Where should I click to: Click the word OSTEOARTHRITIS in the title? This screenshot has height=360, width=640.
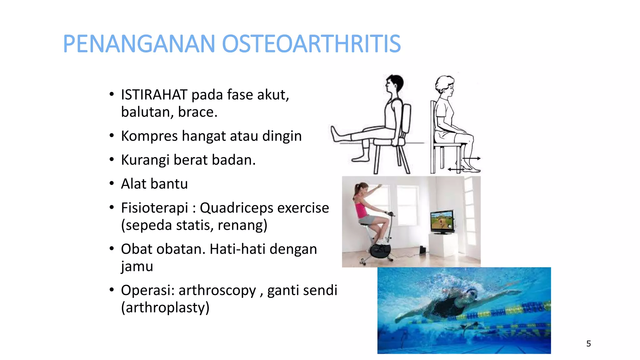(311, 44)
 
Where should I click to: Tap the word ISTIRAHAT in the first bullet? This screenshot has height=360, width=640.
(154, 95)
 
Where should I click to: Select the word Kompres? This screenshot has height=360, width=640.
(149, 136)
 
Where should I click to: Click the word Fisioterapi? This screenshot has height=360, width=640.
(154, 208)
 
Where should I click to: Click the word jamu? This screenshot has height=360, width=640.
(137, 266)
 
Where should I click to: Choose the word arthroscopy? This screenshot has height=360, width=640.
(217, 290)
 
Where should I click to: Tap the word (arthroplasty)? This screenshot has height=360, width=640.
(165, 307)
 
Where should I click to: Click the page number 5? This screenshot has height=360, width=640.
(588, 344)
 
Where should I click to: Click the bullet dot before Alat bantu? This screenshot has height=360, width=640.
(112, 183)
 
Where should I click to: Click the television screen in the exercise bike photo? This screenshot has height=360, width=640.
(442, 220)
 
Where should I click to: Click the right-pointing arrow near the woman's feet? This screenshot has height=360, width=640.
(475, 158)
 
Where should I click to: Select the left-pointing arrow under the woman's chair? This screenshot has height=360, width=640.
(453, 169)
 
